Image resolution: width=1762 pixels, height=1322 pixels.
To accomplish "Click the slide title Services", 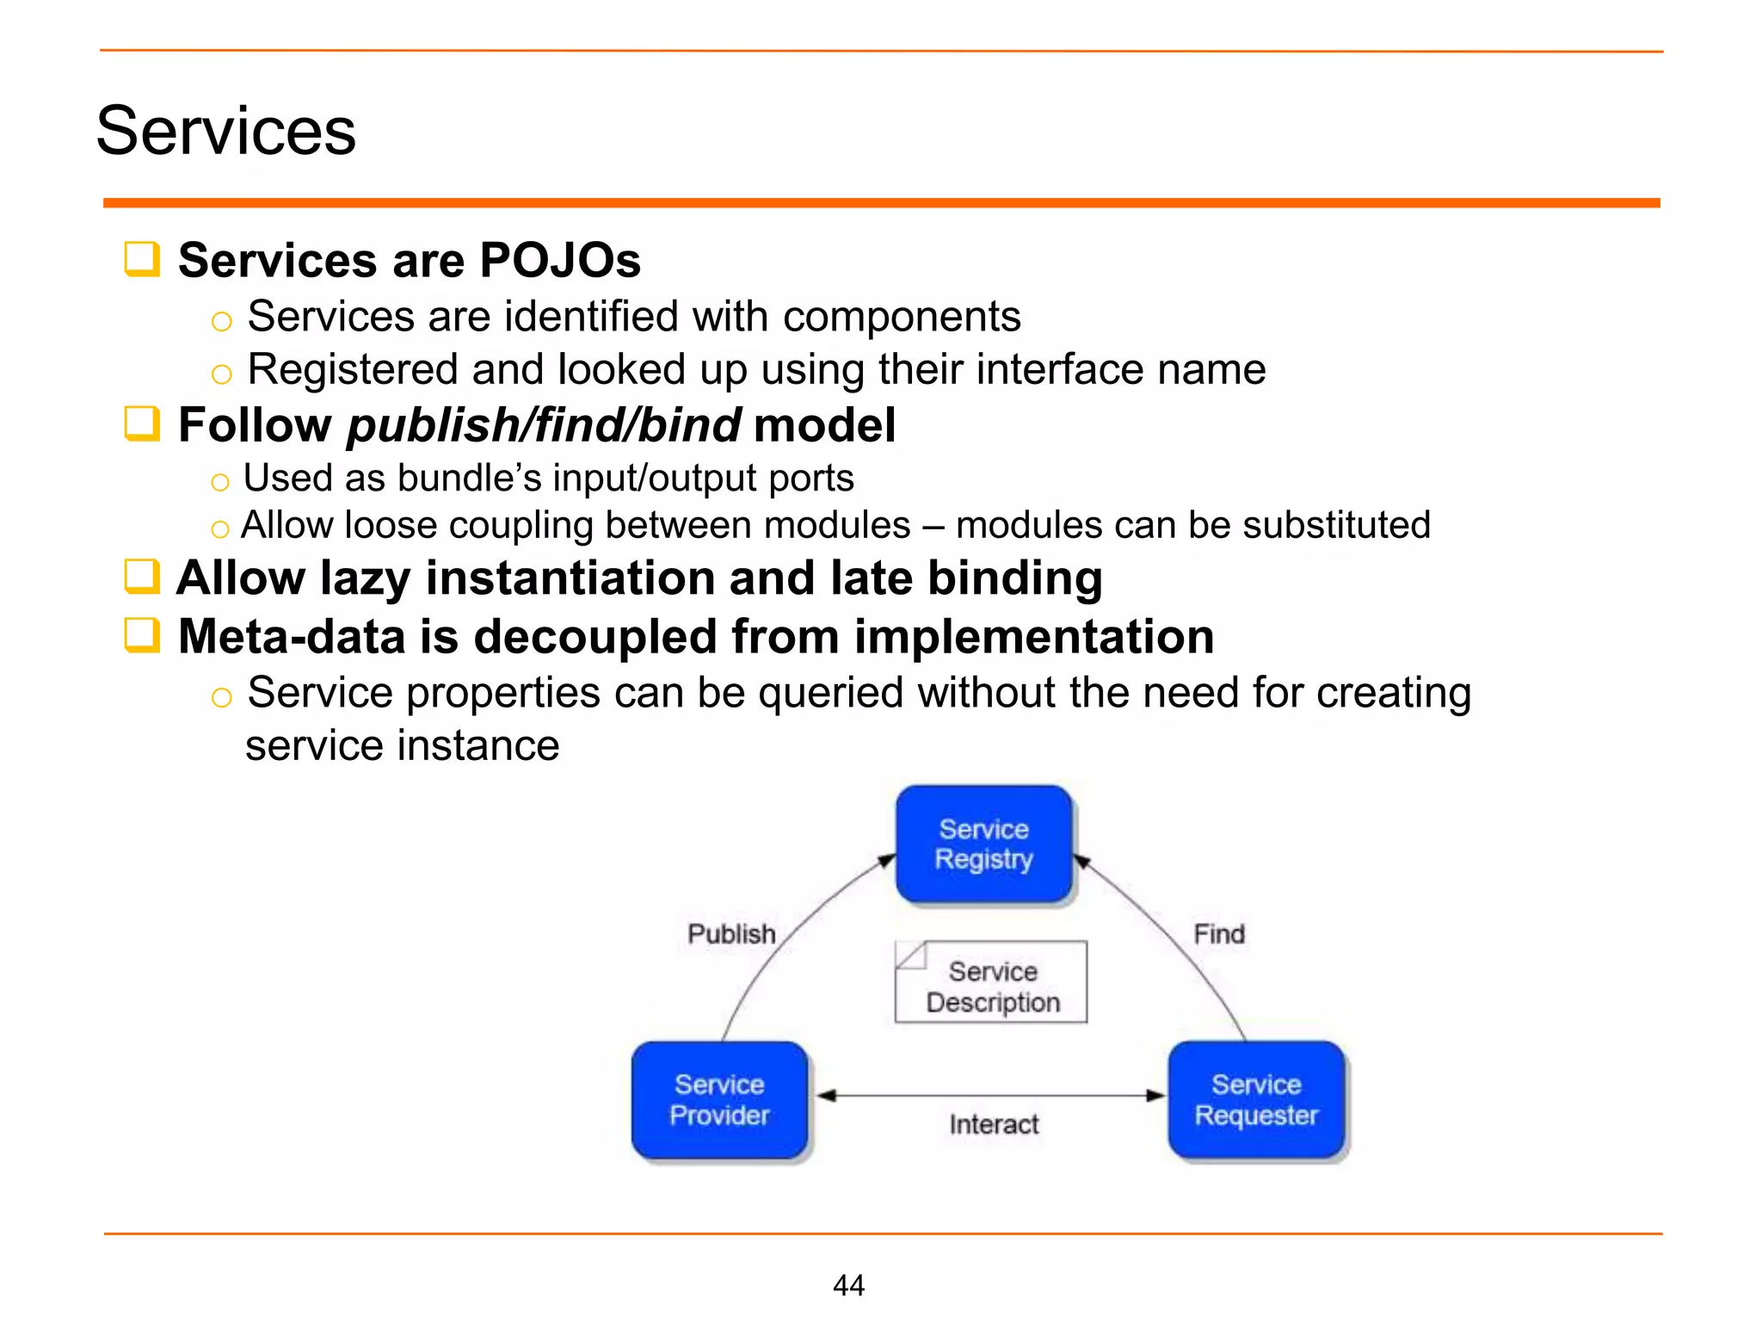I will click(225, 131).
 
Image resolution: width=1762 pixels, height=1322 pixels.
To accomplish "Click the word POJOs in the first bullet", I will click(559, 260).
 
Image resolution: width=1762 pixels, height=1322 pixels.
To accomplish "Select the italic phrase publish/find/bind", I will click(544, 425).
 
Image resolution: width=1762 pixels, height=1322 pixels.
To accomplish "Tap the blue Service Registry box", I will click(983, 844).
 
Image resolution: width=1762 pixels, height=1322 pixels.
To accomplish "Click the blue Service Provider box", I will click(719, 1100).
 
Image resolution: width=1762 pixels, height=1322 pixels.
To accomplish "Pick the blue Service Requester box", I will click(1256, 1100).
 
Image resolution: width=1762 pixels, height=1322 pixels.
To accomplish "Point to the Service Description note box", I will click(991, 983).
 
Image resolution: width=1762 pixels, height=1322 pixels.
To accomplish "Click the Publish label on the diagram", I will click(731, 934).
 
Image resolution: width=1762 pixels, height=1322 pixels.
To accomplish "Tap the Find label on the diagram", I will click(1218, 934).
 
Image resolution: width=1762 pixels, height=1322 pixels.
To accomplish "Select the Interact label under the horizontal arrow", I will click(994, 1124).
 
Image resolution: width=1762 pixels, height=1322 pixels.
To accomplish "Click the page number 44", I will click(848, 1285).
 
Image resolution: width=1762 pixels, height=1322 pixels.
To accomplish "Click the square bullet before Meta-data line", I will click(142, 636).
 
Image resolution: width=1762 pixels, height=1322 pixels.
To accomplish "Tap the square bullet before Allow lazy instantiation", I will click(142, 577).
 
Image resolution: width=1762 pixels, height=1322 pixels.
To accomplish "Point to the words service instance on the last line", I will click(402, 745).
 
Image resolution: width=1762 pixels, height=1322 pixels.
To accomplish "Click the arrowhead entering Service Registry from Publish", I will click(887, 860).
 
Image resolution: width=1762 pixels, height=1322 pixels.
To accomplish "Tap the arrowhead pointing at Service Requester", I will click(1155, 1096).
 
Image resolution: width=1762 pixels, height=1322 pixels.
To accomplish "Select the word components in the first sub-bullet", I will click(902, 317).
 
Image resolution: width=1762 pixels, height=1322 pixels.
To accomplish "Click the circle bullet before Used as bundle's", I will click(220, 482).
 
